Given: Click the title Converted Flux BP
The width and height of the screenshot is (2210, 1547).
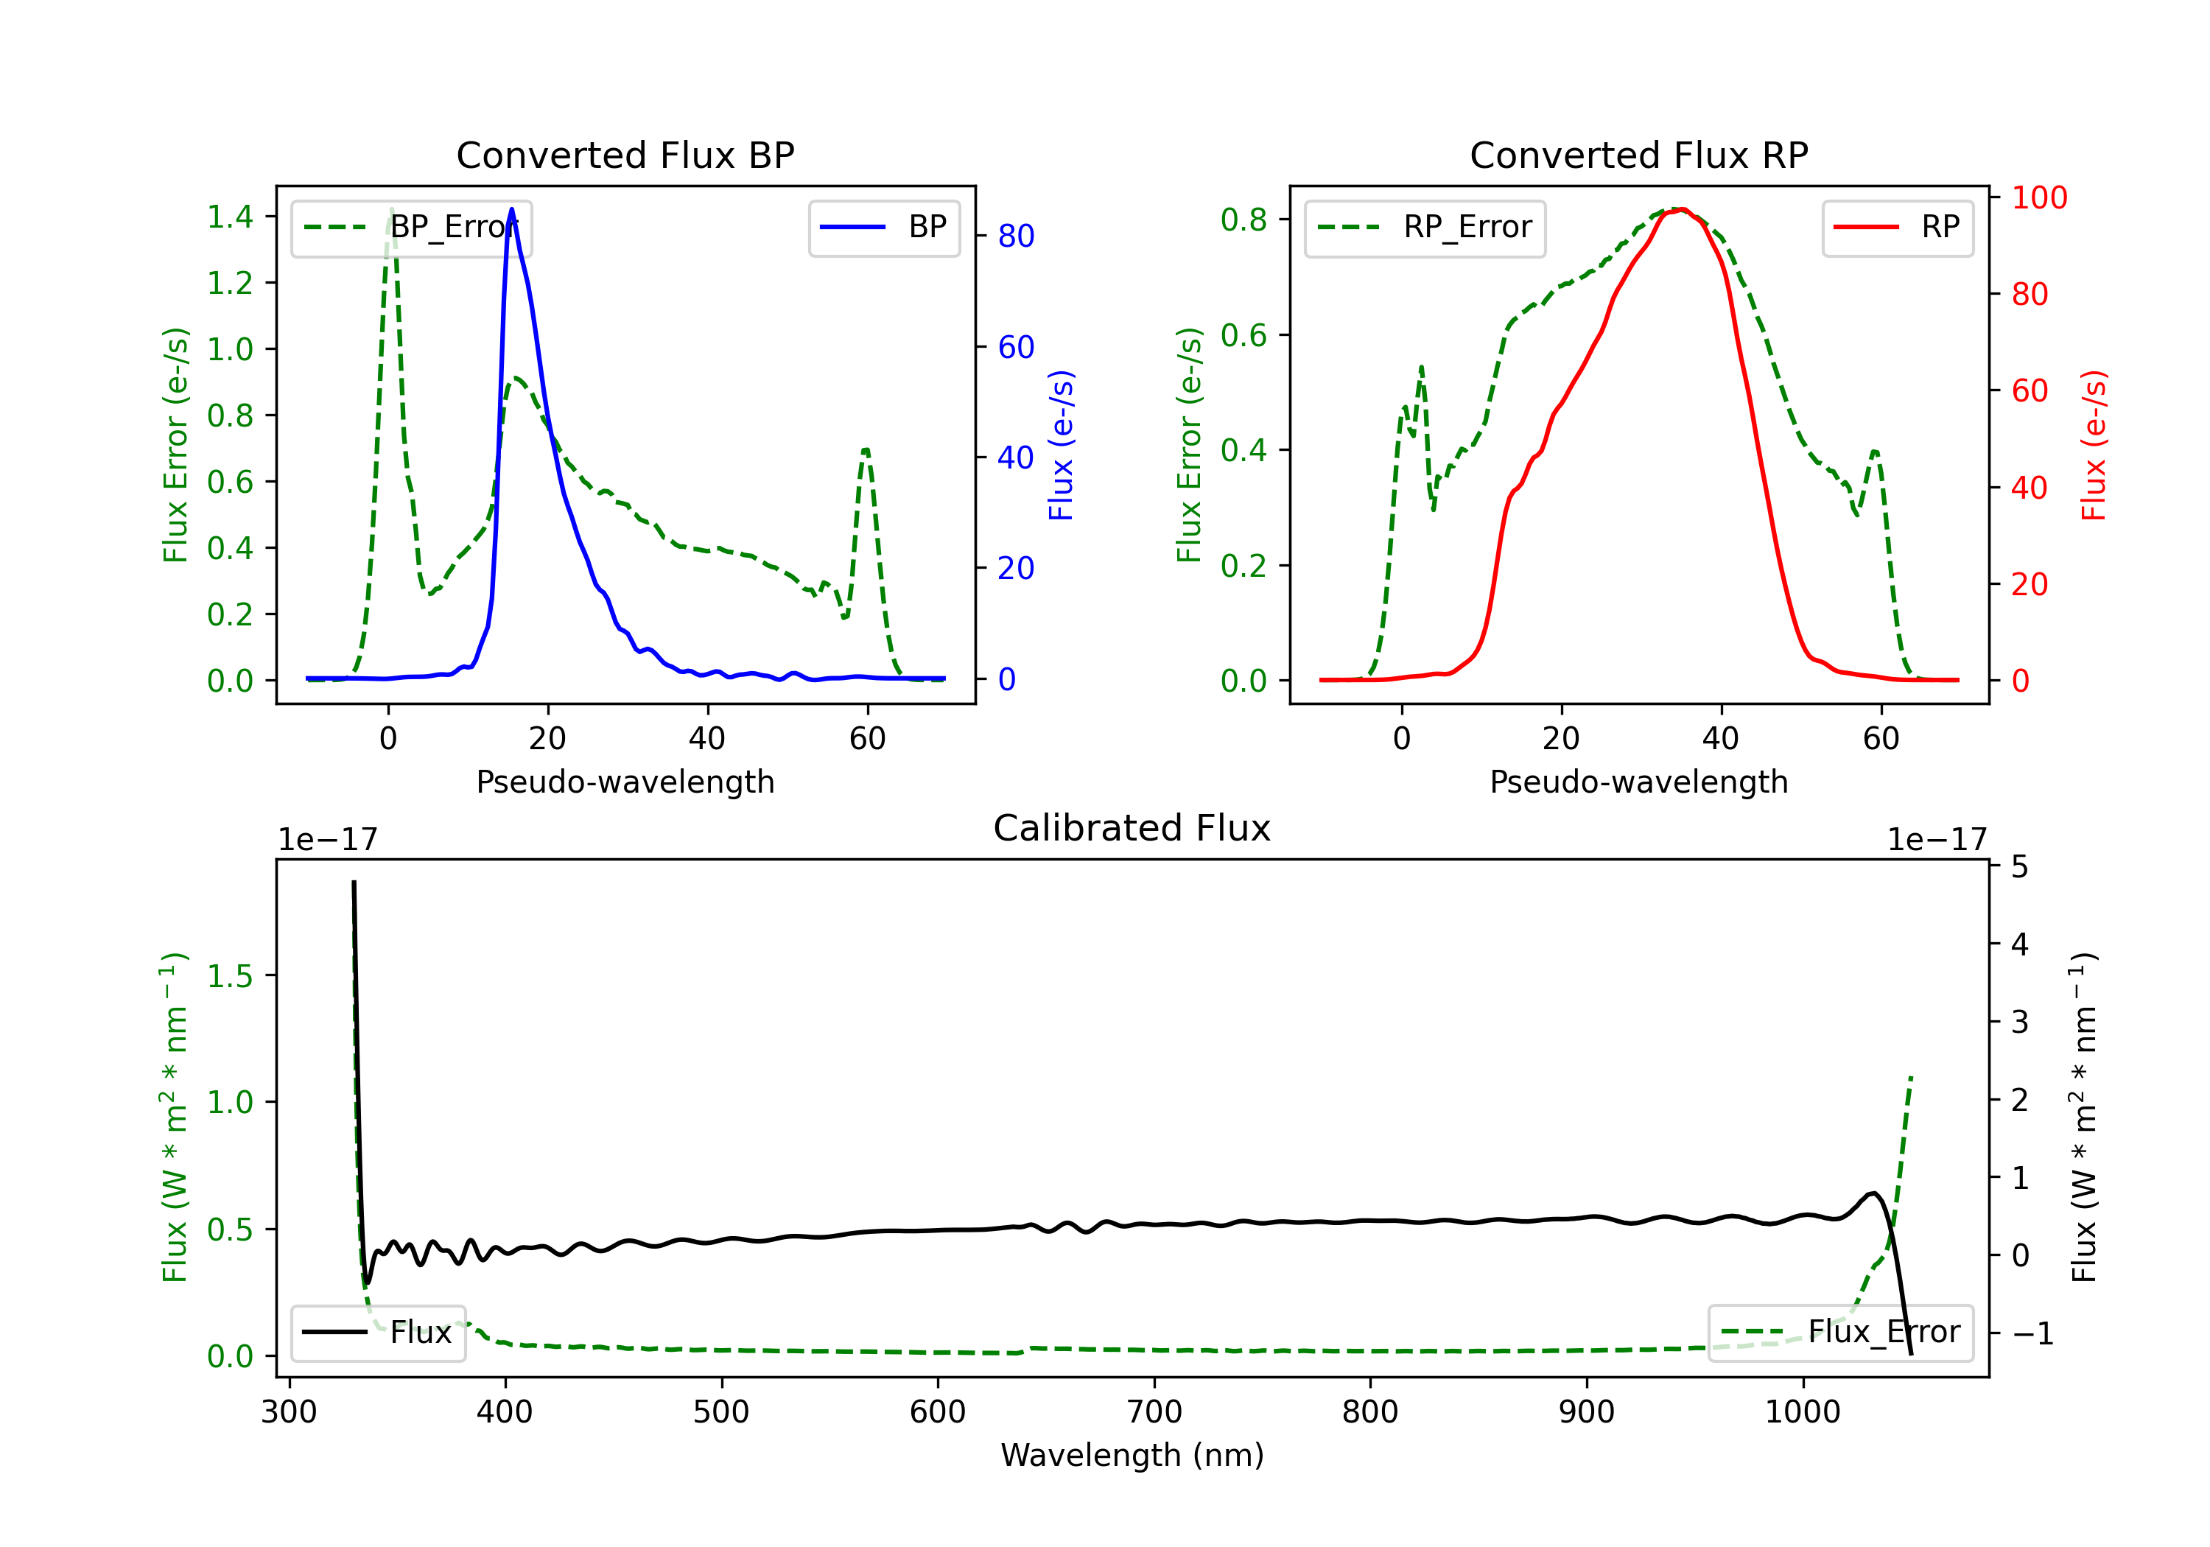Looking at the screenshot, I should [625, 155].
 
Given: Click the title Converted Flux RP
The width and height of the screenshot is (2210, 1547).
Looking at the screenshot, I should [1638, 155].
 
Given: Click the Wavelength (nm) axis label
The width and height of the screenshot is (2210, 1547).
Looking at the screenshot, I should [1132, 1455].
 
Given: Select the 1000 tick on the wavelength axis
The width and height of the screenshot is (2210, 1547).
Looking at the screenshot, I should [1802, 1411].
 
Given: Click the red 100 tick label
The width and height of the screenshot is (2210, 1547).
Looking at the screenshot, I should [2038, 197].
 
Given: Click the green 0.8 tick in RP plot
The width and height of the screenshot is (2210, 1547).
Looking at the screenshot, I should [1243, 220].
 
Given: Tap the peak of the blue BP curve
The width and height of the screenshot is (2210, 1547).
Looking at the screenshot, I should [511, 209].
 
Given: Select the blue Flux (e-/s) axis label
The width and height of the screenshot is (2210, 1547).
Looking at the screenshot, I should [1060, 445].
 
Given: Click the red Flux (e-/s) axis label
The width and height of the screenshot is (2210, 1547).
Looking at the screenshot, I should [2093, 445].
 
